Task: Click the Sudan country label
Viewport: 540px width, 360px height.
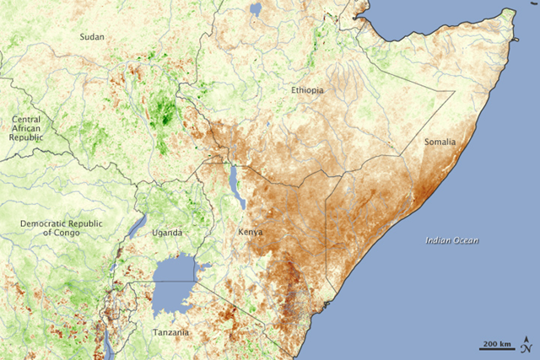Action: pos(91,36)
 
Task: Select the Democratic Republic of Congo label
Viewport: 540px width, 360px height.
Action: pos(51,227)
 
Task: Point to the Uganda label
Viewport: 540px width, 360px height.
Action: pos(160,233)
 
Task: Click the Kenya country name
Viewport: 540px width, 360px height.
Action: pos(250,232)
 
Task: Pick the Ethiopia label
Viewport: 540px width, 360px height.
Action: pos(307,90)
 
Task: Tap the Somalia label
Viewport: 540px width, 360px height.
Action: pos(440,142)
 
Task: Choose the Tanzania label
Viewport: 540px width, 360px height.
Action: pos(171,334)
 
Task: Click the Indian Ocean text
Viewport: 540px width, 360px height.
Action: pos(451,241)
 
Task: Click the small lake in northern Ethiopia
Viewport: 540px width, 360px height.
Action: pos(256,11)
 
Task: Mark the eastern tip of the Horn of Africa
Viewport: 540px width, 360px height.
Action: pos(513,12)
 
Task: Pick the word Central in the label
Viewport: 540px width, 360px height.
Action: pos(24,121)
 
